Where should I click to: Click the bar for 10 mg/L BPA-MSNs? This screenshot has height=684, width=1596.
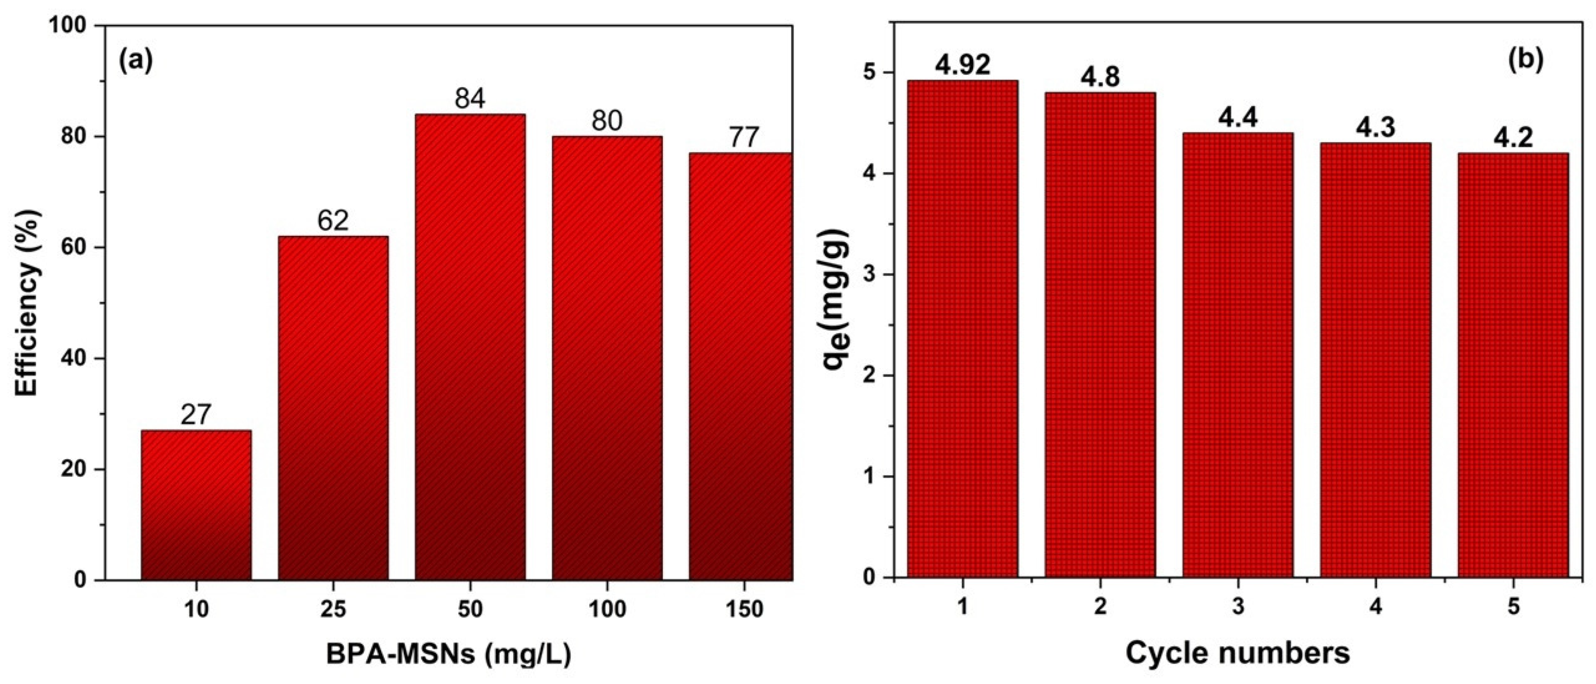(197, 505)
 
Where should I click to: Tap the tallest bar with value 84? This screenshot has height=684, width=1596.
(470, 347)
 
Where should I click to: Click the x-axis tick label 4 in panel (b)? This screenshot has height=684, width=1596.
(1375, 607)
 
